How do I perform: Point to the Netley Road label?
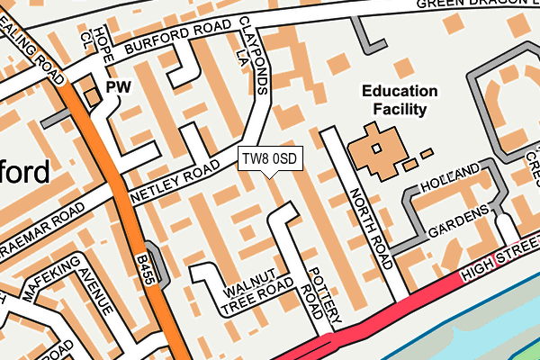tap(175, 180)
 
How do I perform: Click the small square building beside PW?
tap(90, 94)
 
